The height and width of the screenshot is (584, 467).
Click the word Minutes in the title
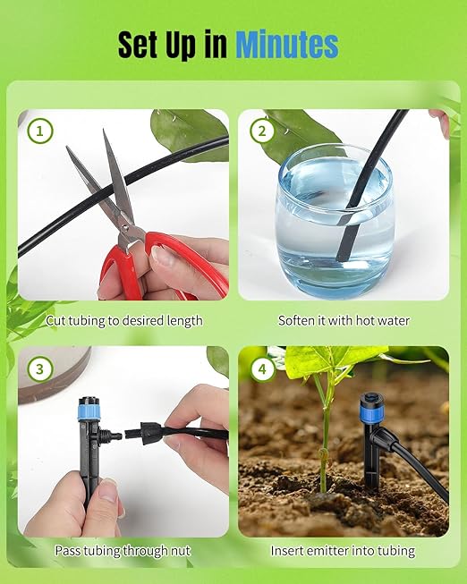[286, 44]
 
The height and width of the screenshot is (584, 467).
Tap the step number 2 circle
[261, 131]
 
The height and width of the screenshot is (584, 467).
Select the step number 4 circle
[261, 368]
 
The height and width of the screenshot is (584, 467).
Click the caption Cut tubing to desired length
[124, 320]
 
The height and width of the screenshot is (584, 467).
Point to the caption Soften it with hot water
[344, 320]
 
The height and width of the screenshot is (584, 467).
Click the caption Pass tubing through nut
[123, 551]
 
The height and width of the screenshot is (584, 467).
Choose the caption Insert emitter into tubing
[344, 551]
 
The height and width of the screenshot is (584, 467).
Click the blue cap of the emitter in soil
[370, 403]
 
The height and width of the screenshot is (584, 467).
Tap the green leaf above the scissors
[188, 130]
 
